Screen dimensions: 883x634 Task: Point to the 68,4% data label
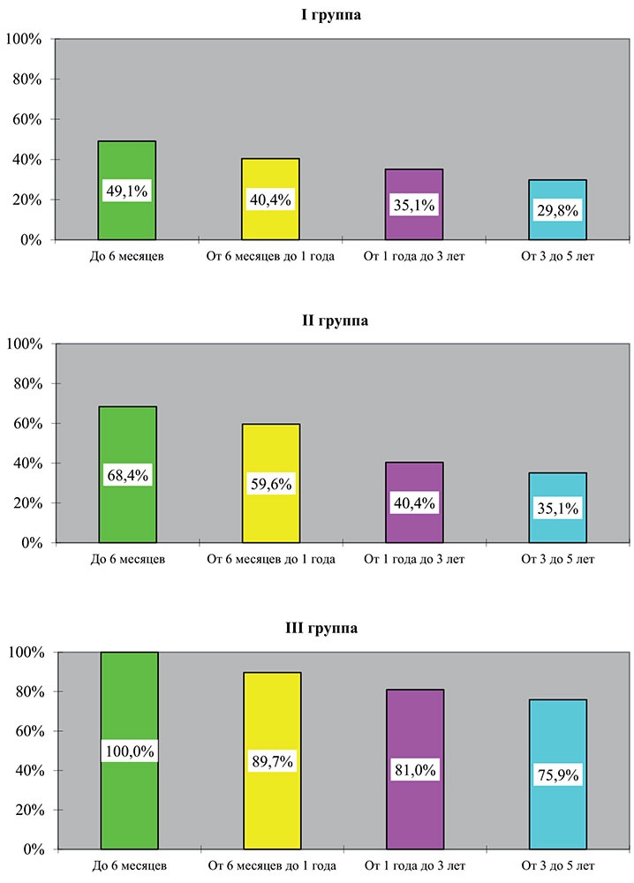127,475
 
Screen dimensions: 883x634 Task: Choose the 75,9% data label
557,775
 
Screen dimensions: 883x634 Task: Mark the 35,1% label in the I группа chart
414,206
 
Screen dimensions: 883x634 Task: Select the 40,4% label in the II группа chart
414,503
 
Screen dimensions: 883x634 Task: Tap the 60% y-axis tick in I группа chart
29,119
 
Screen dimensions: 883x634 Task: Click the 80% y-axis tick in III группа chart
29,692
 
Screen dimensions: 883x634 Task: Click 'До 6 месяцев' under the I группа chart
127,258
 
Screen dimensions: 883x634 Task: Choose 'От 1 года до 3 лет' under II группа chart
414,559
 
